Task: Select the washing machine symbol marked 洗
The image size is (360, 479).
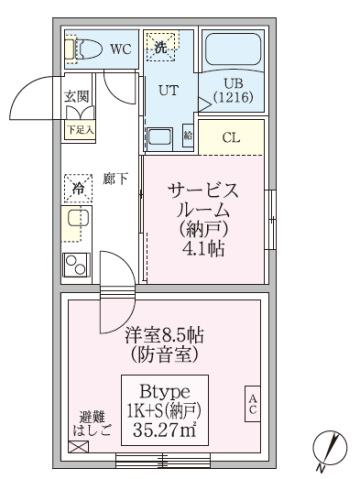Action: pos(162,45)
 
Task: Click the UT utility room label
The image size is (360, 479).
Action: pos(168,89)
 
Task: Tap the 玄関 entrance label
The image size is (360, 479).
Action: pos(78,97)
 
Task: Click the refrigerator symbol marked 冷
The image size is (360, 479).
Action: pos(78,186)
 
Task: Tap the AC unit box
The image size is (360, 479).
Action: pos(253,406)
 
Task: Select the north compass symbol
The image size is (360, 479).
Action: pos(325,450)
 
